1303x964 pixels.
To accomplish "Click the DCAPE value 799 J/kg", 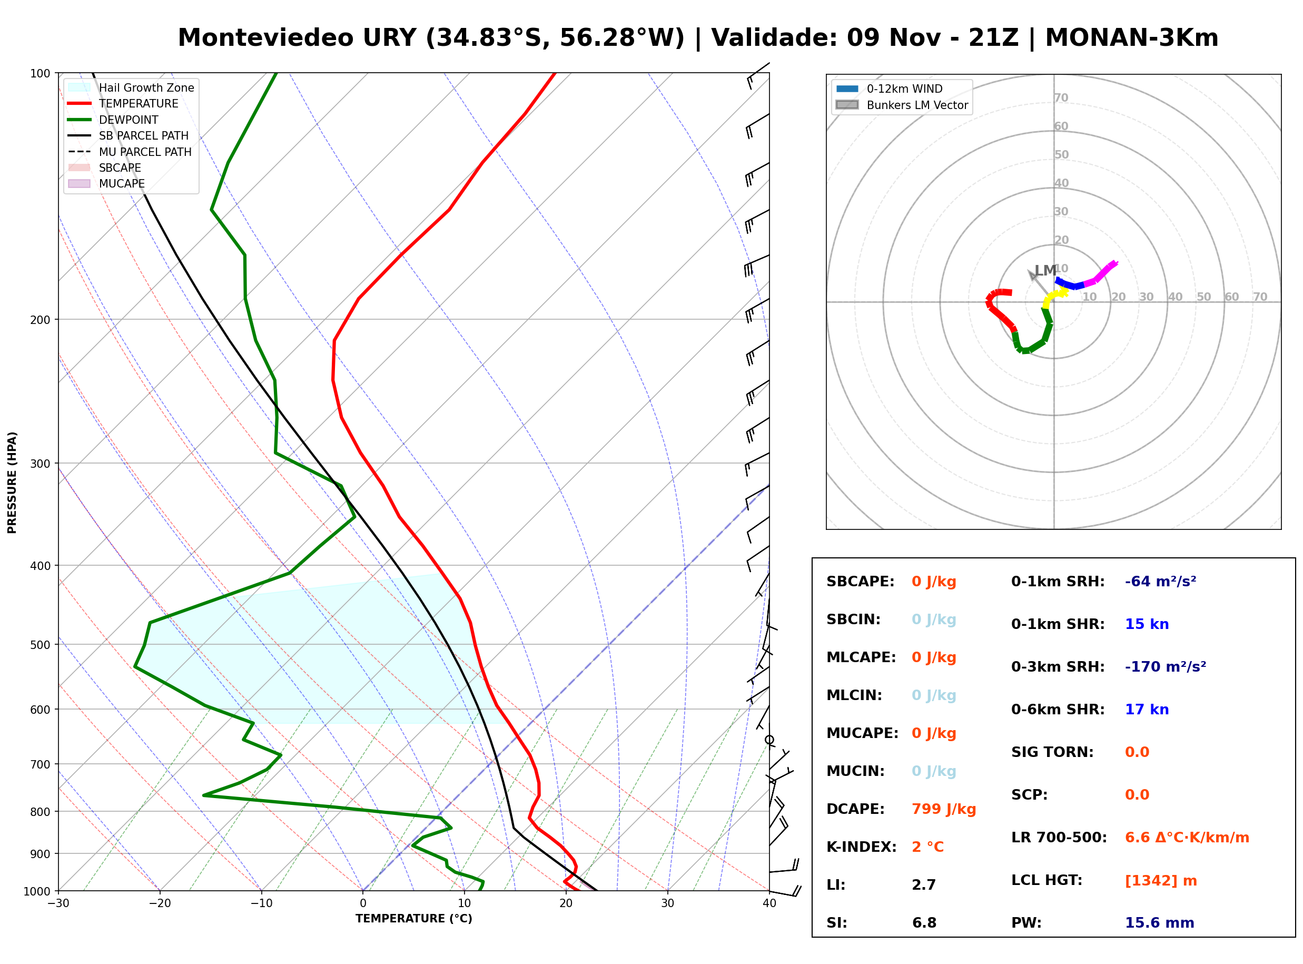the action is [944, 809].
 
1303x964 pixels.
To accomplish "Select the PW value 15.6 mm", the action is [1160, 923].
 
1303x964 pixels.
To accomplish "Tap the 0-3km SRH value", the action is [1166, 666].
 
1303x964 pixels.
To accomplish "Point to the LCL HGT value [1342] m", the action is [1161, 881].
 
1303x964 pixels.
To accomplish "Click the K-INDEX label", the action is [862, 847].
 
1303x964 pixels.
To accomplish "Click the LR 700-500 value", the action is [1187, 838].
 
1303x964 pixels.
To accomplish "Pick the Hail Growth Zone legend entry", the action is [131, 87].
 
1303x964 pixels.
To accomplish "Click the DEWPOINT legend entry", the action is [113, 120].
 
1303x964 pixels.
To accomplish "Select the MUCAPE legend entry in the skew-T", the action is [107, 183].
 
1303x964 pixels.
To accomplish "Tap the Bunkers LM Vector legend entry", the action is [902, 105].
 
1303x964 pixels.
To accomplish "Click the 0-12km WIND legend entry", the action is [889, 88].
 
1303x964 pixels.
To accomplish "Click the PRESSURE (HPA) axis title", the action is [12, 483].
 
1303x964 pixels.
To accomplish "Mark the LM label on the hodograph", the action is [1045, 271].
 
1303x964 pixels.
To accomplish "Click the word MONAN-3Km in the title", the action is [1131, 38].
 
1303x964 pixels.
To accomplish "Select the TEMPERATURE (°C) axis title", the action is [413, 919].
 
